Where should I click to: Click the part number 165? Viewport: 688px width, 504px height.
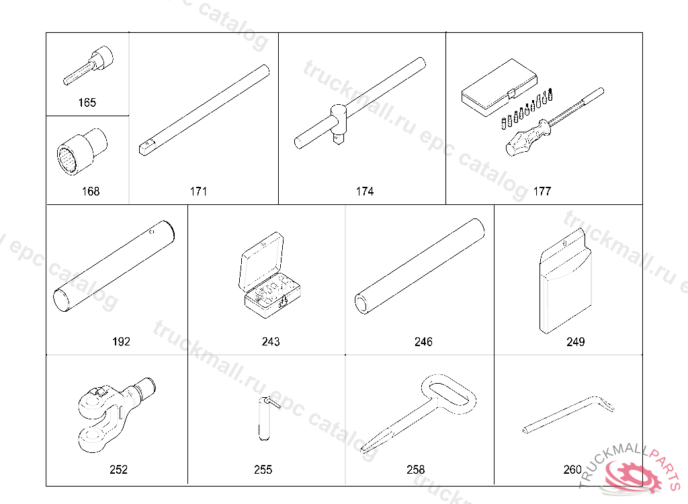[87, 103]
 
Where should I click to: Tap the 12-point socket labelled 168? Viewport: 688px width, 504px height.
[82, 152]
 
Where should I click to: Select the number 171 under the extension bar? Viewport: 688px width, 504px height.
[198, 192]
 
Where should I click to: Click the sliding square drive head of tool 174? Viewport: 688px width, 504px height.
[339, 124]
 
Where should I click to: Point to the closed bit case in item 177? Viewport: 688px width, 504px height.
[499, 87]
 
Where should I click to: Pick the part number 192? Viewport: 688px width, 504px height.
[121, 341]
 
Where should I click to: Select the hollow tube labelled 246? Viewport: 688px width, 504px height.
[419, 266]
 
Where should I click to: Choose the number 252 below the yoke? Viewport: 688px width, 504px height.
[118, 470]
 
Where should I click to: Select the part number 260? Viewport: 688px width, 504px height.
[572, 470]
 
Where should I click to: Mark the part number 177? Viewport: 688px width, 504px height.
[542, 192]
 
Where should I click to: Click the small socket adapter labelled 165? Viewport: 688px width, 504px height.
[89, 65]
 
